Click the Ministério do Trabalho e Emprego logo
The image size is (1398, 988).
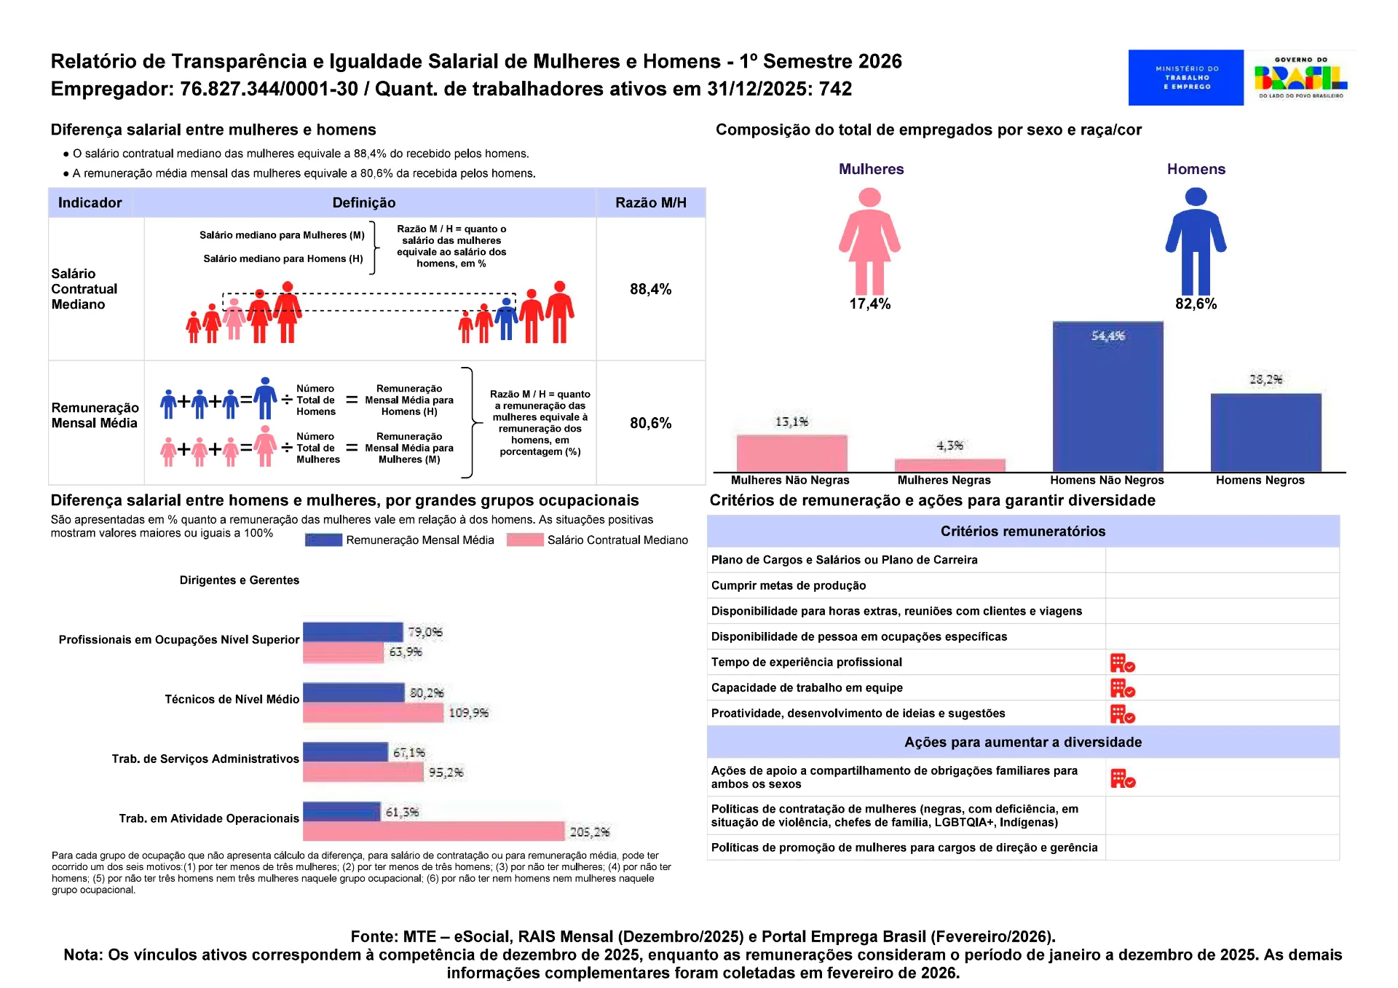coord(1185,77)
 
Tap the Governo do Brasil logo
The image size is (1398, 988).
coord(1301,77)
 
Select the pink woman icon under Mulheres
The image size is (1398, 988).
coord(869,241)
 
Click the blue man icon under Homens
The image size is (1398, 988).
coord(1196,241)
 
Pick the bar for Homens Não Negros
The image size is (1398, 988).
coord(1107,397)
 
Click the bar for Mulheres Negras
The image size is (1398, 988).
coord(949,466)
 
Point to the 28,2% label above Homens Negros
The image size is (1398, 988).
coord(1265,379)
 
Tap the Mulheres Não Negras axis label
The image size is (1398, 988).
coord(790,481)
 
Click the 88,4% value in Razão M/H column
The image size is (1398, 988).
coord(650,289)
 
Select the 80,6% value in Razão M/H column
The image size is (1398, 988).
coord(650,423)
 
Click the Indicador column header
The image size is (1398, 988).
coord(90,202)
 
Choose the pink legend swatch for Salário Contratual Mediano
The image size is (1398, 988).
coord(525,540)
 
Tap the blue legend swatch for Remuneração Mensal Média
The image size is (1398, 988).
coord(323,540)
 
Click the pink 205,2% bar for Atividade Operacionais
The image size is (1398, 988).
coord(433,831)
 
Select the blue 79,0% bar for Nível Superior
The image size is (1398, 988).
coord(353,632)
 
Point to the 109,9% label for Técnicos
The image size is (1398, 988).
coord(468,713)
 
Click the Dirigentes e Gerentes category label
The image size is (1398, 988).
coord(240,580)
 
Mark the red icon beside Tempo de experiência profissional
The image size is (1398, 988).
coord(1122,663)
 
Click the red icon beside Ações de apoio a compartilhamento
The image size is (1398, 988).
coord(1123,778)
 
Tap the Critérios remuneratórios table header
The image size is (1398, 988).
coord(1022,531)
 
